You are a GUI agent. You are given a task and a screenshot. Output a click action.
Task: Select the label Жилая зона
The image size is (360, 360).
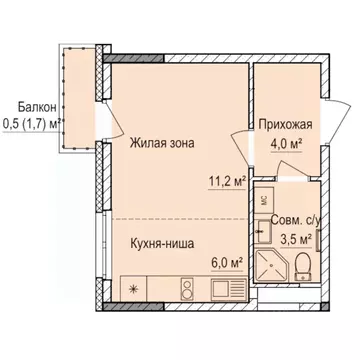tap(161, 142)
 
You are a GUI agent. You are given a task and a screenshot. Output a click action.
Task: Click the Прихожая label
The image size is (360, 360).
tap(286, 125)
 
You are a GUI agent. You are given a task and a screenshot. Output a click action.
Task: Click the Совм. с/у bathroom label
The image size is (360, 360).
tap(297, 221)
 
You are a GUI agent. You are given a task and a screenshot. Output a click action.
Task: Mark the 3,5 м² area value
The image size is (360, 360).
tap(297, 240)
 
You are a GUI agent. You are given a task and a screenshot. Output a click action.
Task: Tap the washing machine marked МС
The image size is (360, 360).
tap(263, 199)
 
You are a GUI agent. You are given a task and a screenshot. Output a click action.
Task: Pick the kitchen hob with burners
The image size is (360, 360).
tap(187, 289)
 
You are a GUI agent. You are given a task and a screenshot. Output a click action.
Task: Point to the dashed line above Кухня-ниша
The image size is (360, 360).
tap(175, 218)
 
